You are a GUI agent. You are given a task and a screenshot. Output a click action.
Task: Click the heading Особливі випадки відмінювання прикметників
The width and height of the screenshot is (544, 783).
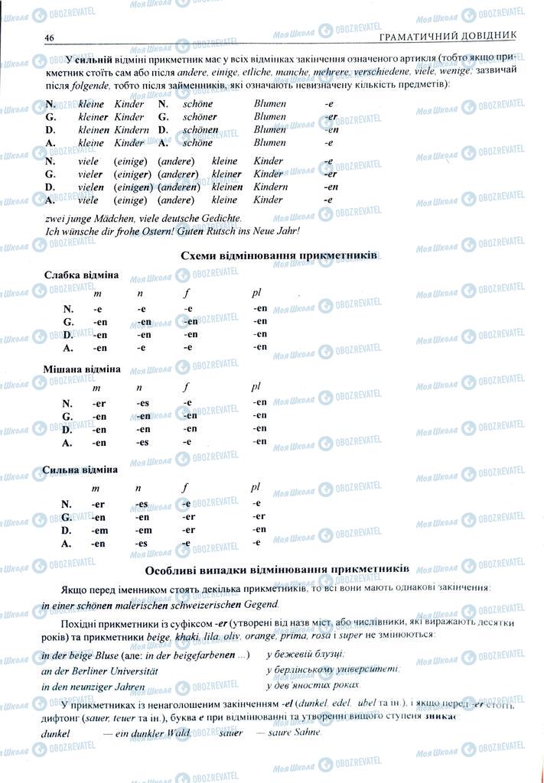(x=276, y=570)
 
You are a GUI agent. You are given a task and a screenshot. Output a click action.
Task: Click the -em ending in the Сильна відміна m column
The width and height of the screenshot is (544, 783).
(x=98, y=530)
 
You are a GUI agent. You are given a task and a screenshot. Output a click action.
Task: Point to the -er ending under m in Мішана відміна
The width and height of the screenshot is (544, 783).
(x=98, y=403)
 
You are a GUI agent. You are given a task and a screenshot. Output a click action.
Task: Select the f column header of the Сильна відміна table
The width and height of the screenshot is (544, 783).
(x=186, y=487)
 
